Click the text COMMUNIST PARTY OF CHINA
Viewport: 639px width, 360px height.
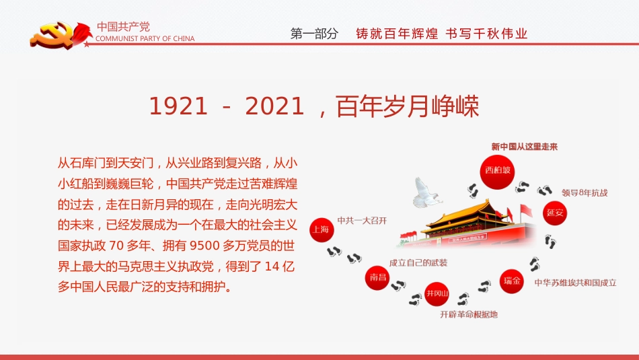[146, 39]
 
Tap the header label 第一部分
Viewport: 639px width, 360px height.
[314, 34]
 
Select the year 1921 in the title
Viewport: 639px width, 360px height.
[178, 106]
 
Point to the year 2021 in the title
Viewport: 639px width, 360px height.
[274, 106]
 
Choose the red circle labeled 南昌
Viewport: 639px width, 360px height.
[377, 277]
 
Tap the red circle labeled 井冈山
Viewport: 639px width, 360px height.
[436, 293]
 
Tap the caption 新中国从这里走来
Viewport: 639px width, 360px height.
[525, 147]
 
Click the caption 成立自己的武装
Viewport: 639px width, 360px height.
[418, 262]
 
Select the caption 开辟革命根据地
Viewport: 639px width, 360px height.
[469, 314]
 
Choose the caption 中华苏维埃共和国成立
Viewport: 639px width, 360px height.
[575, 283]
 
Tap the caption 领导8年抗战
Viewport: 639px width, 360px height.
[585, 192]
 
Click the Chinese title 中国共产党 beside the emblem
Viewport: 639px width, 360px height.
[123, 27]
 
